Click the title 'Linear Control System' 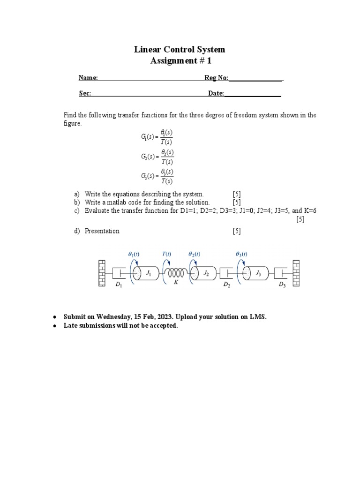pyautogui.click(x=180, y=49)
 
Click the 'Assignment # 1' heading pyautogui.click(x=180, y=61)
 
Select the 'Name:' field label pyautogui.click(x=88, y=78)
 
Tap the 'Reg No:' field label pyautogui.click(x=216, y=78)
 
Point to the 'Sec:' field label pyautogui.click(x=85, y=93)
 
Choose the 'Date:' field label pyautogui.click(x=216, y=93)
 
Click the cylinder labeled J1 pyautogui.click(x=148, y=274)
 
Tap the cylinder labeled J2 pyautogui.click(x=205, y=274)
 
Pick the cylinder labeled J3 pyautogui.click(x=256, y=274)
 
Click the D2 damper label pyautogui.click(x=226, y=285)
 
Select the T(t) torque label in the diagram pyautogui.click(x=167, y=254)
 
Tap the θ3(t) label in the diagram pyautogui.click(x=241, y=254)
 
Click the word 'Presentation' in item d pyautogui.click(x=102, y=231)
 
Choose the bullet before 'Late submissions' pyautogui.click(x=54, y=326)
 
